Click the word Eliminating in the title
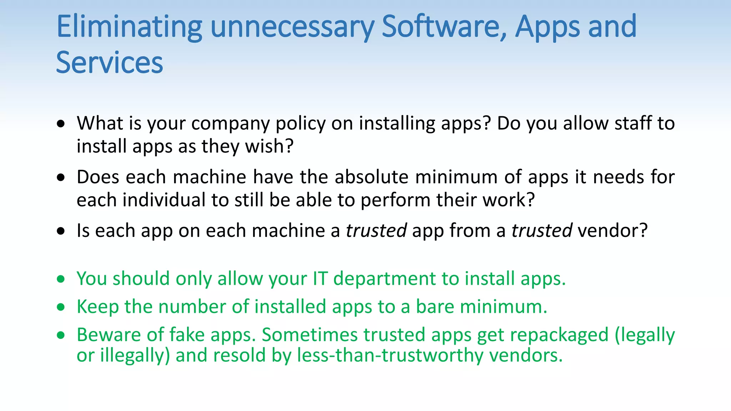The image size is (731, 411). (x=129, y=27)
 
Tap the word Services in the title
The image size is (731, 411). (x=110, y=63)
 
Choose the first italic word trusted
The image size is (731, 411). (x=376, y=230)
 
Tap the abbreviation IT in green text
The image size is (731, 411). (x=320, y=279)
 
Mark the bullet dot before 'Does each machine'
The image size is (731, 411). (x=61, y=177)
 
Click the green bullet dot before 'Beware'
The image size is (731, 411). (x=61, y=335)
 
